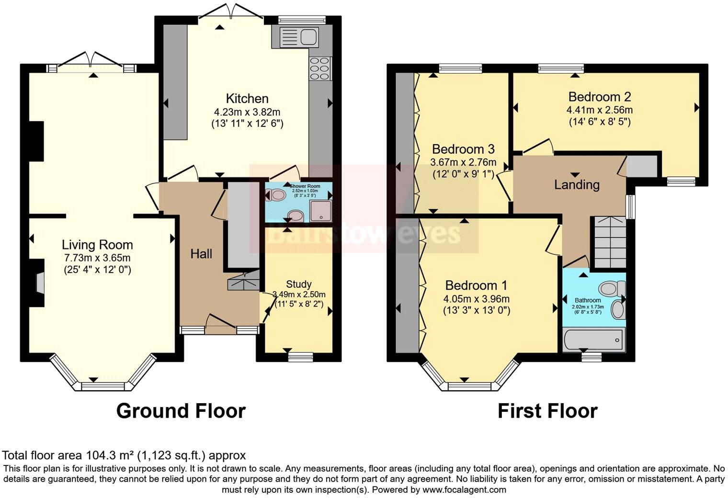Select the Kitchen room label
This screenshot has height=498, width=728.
click(247, 99)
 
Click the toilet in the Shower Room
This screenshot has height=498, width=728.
click(276, 195)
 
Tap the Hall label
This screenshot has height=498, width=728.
click(201, 254)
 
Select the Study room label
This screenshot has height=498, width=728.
click(299, 284)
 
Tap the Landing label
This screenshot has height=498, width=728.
click(577, 184)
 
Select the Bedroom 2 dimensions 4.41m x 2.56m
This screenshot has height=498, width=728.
click(599, 110)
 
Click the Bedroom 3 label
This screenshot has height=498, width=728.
click(463, 149)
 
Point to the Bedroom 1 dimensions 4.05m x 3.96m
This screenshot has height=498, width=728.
click(476, 299)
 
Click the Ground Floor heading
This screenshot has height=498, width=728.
click(181, 411)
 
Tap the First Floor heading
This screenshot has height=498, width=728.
click(547, 411)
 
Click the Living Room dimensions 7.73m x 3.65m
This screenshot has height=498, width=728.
click(97, 258)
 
